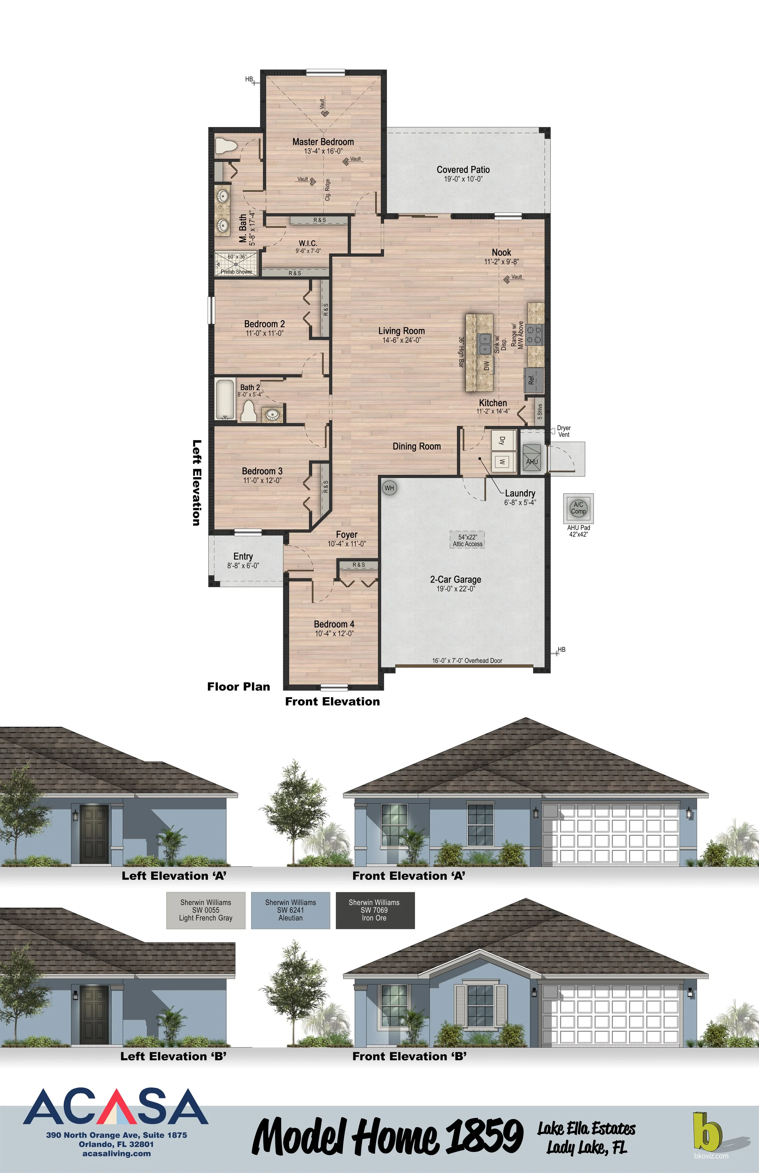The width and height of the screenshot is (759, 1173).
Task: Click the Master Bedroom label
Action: [323, 142]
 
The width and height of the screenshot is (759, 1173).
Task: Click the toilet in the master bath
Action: [226, 146]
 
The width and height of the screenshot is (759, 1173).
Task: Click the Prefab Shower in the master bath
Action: [236, 264]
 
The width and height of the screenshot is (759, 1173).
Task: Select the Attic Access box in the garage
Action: [467, 540]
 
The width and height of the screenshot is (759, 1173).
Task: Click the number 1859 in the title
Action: [485, 1136]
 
